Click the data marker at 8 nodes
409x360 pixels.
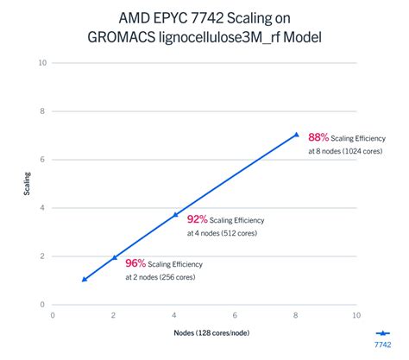(296, 135)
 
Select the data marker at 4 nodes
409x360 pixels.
(175, 214)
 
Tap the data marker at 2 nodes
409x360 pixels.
(114, 257)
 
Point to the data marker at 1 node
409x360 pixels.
(84, 279)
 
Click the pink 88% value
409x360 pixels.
(319, 136)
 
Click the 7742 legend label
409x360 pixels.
(382, 344)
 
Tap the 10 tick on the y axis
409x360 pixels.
(41, 62)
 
